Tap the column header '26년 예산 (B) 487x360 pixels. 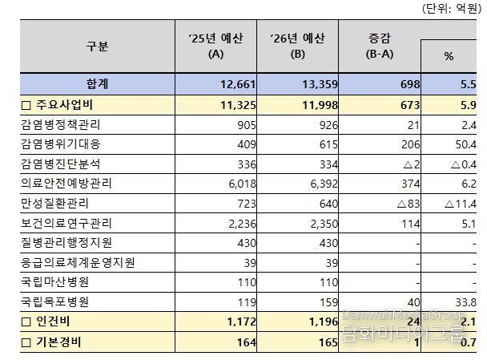(x=297, y=47)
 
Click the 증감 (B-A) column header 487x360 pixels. (x=378, y=47)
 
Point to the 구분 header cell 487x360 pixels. (x=97, y=47)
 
